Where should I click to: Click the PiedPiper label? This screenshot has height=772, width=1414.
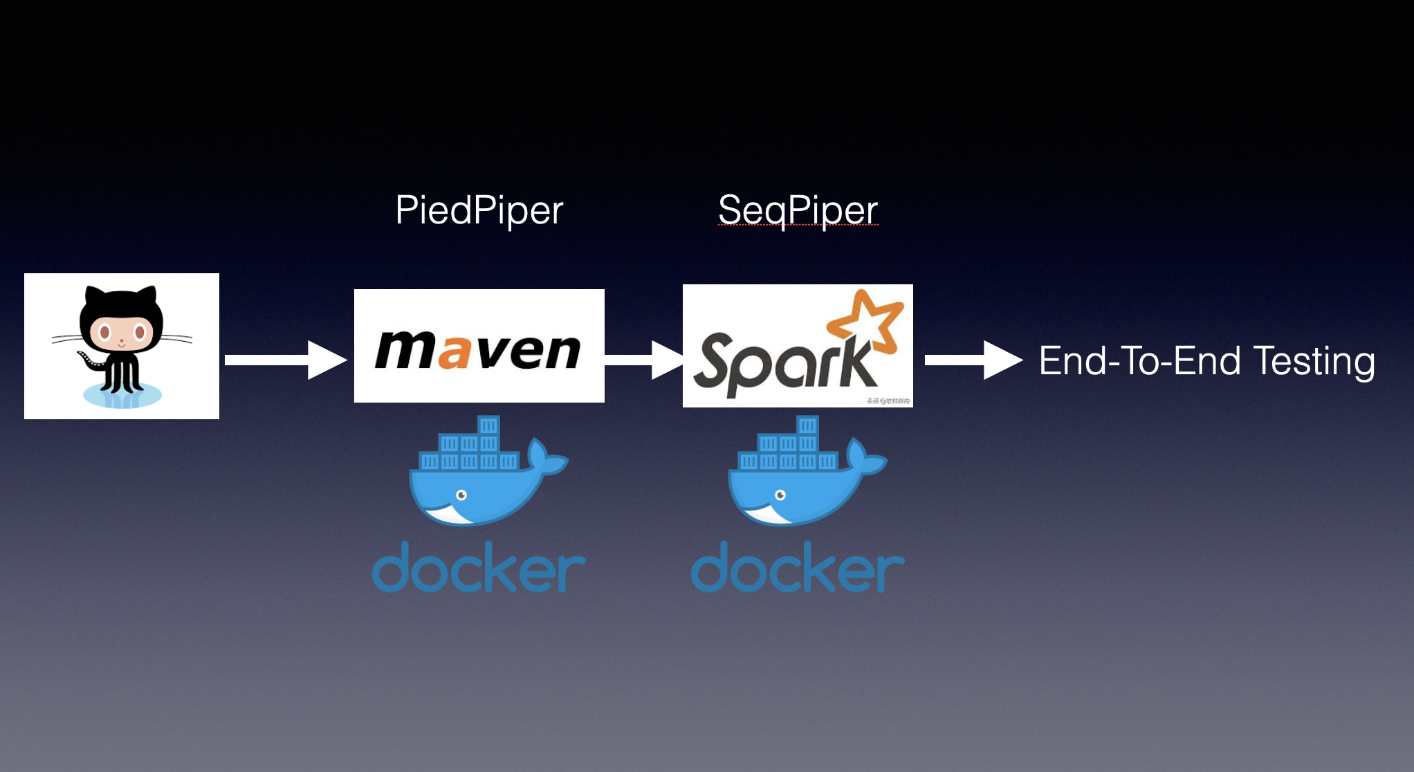[479, 210]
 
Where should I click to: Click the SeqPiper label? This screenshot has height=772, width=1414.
[798, 210]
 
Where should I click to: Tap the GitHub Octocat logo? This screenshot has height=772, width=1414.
[122, 345]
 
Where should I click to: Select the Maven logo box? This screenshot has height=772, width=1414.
[479, 346]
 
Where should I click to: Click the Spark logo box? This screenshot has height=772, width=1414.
[797, 346]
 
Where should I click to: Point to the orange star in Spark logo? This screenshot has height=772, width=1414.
[867, 319]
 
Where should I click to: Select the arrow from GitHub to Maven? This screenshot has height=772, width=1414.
[284, 360]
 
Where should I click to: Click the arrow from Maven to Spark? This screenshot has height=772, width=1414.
[643, 360]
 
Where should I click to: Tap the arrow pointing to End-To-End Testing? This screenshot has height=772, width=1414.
[972, 360]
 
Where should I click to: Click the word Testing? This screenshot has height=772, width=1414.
[1314, 361]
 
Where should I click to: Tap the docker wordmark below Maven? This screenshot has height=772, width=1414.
[479, 569]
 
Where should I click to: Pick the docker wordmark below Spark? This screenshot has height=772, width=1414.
[798, 569]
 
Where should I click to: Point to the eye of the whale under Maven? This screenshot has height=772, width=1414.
[461, 495]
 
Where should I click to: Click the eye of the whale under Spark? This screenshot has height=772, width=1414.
[780, 495]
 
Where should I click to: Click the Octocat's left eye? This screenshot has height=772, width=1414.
[105, 333]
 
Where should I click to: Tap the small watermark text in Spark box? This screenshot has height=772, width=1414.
[888, 401]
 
